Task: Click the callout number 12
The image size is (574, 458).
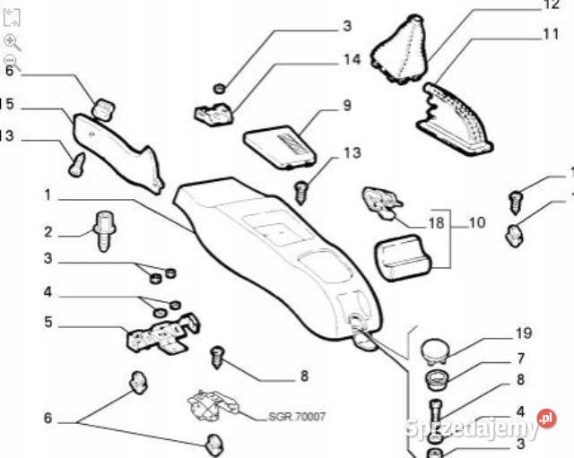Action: (550, 5)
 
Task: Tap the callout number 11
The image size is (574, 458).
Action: (550, 35)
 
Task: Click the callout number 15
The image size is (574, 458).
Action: (7, 105)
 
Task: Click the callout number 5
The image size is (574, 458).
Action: (49, 322)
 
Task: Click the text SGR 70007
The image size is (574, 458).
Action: (297, 418)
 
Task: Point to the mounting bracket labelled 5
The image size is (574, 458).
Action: (162, 334)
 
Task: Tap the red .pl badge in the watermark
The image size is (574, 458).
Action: (544, 418)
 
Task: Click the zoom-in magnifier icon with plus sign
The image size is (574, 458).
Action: (11, 40)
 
